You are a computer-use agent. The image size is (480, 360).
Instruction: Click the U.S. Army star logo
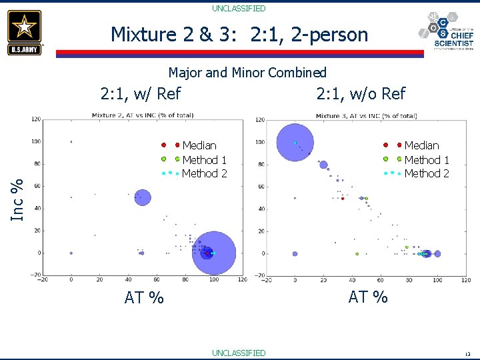click(25, 31)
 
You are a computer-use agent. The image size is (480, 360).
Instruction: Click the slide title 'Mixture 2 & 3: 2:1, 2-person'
click(239, 34)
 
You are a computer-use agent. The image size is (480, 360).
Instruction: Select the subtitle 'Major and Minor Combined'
click(247, 72)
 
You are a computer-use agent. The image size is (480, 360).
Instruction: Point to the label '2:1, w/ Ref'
click(141, 93)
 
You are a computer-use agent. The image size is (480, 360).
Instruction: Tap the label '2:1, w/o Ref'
click(361, 93)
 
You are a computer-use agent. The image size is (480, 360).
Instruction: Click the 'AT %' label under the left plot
click(144, 297)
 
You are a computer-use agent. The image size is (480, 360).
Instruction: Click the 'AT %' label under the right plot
click(368, 297)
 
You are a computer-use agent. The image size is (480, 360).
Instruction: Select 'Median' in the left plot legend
click(199, 145)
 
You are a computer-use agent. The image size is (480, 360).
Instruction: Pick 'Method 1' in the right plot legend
click(427, 159)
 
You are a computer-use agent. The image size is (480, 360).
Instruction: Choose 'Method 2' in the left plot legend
click(204, 173)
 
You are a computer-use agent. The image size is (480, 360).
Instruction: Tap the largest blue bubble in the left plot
click(214, 253)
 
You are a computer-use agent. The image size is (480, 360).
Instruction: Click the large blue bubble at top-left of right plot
click(295, 142)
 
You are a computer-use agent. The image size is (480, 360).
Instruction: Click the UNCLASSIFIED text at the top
click(239, 9)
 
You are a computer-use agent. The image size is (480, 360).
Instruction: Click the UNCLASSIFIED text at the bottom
click(239, 353)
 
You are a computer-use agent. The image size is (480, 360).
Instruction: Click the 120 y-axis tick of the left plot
click(36, 119)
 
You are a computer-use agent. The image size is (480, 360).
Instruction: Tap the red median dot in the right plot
click(343, 198)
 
